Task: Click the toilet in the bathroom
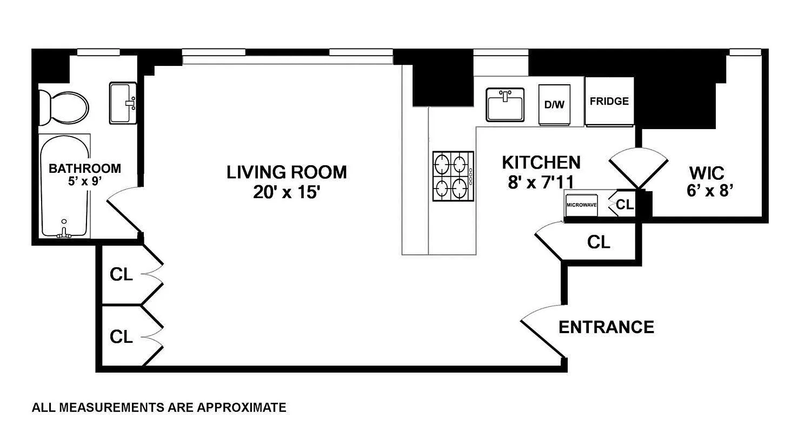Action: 64,107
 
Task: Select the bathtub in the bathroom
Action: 64,186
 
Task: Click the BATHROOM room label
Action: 85,168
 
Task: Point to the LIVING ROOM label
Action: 287,172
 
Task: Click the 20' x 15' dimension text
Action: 287,193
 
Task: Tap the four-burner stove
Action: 453,176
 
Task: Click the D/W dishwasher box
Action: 554,105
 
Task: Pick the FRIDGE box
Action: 609,102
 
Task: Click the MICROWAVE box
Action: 581,205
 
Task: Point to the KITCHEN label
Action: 541,162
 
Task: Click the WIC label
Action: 707,173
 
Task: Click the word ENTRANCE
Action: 606,327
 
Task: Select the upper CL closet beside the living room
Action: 121,274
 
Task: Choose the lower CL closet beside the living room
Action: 121,337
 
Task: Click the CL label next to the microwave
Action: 625,205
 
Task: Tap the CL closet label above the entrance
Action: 599,242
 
